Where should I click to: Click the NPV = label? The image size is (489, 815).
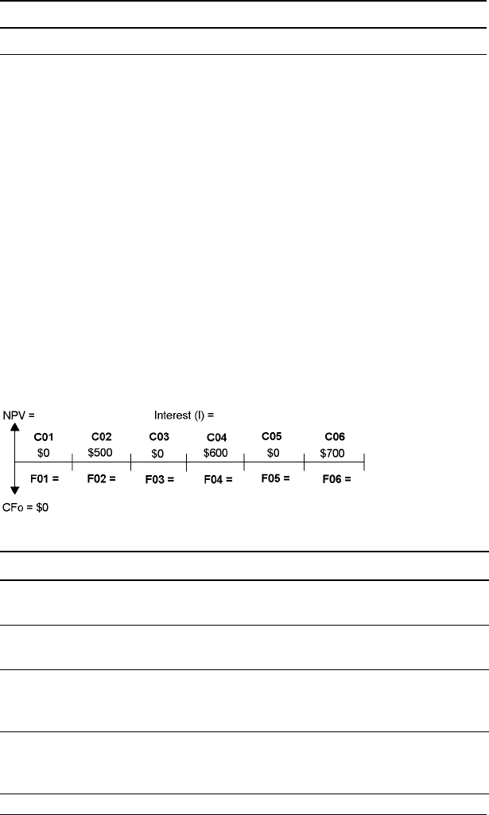click(19, 415)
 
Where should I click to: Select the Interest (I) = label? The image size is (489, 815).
click(184, 415)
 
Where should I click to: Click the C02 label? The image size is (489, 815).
click(101, 437)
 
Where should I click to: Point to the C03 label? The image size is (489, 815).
click(159, 437)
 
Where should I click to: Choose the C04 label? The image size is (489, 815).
click(216, 438)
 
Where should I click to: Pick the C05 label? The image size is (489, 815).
click(273, 436)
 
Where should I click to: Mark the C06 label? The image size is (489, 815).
click(335, 437)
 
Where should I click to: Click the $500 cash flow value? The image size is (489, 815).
click(101, 451)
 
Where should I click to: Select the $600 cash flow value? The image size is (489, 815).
click(216, 452)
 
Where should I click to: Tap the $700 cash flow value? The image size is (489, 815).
click(334, 452)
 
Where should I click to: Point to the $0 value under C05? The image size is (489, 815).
click(273, 451)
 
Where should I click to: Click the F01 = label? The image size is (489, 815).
click(45, 479)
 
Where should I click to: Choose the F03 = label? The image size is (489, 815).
click(159, 480)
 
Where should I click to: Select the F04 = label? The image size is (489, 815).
click(216, 480)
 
